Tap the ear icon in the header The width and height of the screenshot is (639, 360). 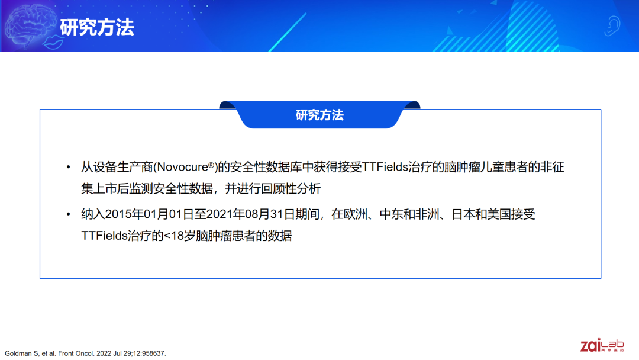(x=612, y=25)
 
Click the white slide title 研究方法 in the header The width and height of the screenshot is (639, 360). (x=97, y=28)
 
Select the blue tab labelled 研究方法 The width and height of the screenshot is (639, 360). (x=319, y=115)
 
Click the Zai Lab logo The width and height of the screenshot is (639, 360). (x=602, y=345)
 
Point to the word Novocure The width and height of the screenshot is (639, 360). (x=182, y=167)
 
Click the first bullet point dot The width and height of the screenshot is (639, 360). (x=69, y=167)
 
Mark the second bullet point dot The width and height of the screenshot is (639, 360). (x=69, y=214)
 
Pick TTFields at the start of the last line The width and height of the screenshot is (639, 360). (x=104, y=236)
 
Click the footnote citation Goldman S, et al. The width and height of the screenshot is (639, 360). (x=31, y=353)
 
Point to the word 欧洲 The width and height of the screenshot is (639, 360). (x=356, y=214)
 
